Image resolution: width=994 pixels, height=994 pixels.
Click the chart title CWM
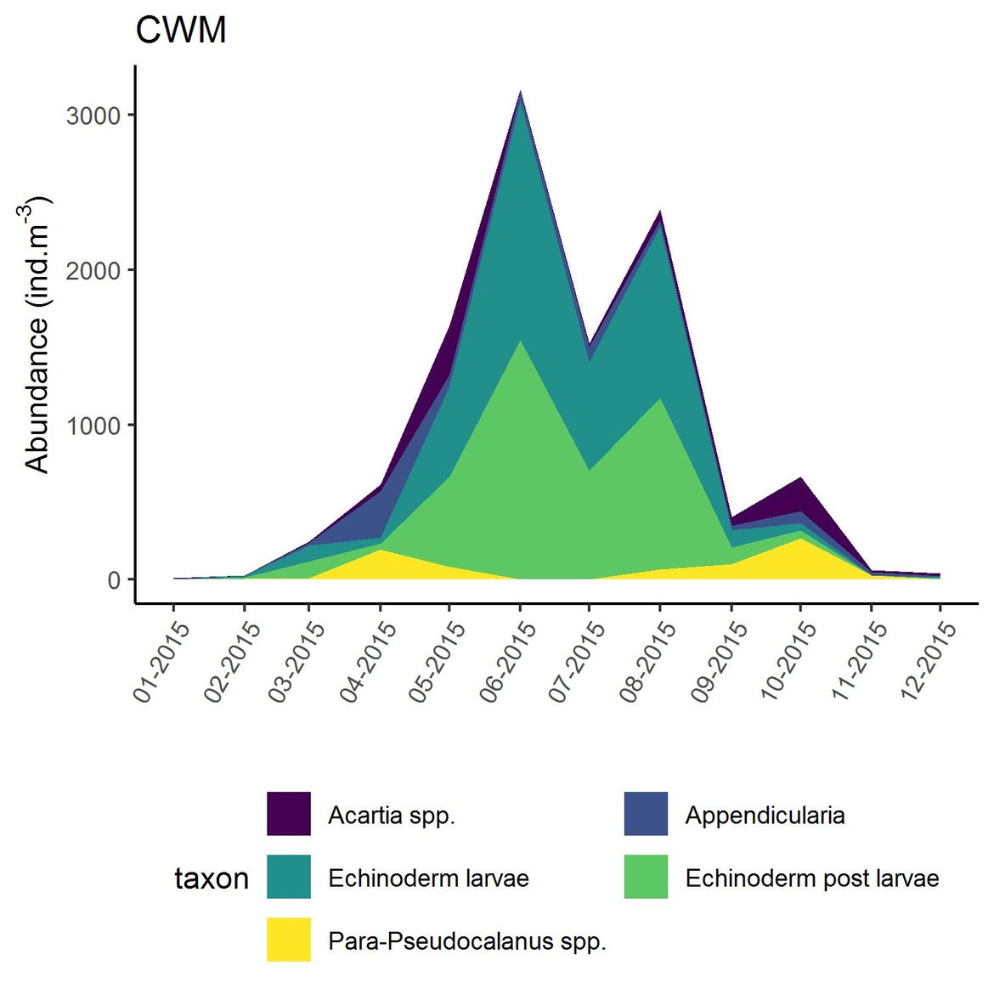coord(181,31)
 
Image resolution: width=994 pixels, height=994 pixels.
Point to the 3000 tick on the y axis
coord(93,116)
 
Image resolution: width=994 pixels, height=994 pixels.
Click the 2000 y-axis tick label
coord(93,270)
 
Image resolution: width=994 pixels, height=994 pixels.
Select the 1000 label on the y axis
coord(93,426)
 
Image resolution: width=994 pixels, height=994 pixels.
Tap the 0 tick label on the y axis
coord(113,580)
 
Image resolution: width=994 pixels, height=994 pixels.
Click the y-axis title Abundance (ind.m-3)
coord(37,335)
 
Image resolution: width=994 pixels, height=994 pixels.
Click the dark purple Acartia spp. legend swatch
coord(289,814)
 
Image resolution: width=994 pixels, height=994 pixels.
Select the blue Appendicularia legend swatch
coord(646,814)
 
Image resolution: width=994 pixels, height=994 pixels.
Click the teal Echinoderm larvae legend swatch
coord(289,877)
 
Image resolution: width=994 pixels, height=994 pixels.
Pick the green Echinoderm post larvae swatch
coord(646,877)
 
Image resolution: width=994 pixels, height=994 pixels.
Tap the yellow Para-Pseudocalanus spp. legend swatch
coord(289,940)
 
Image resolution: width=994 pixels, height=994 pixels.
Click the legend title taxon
coord(212,878)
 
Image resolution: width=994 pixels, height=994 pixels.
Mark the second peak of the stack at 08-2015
coord(660,212)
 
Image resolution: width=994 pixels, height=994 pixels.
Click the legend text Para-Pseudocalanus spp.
coord(467,940)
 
